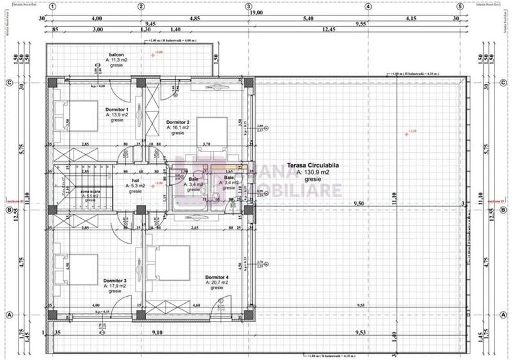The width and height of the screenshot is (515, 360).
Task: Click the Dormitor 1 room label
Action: click(x=116, y=109)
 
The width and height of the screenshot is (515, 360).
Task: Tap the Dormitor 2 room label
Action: click(x=178, y=121)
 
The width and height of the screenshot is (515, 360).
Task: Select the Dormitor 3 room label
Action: click(x=116, y=280)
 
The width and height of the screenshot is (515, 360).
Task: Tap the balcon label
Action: click(x=116, y=54)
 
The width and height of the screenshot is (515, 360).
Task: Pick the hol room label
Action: click(x=135, y=181)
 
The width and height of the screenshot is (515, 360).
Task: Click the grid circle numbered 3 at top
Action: click(x=249, y=6)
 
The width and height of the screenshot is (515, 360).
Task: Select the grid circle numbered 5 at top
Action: click(x=459, y=6)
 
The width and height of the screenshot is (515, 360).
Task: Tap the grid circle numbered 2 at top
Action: click(x=141, y=6)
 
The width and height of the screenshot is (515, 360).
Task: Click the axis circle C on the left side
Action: click(x=10, y=82)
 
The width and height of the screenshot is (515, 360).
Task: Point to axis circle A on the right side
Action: click(x=504, y=315)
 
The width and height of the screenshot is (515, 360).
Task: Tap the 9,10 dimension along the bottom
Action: click(x=156, y=332)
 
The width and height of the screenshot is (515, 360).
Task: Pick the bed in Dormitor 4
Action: click(x=167, y=262)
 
